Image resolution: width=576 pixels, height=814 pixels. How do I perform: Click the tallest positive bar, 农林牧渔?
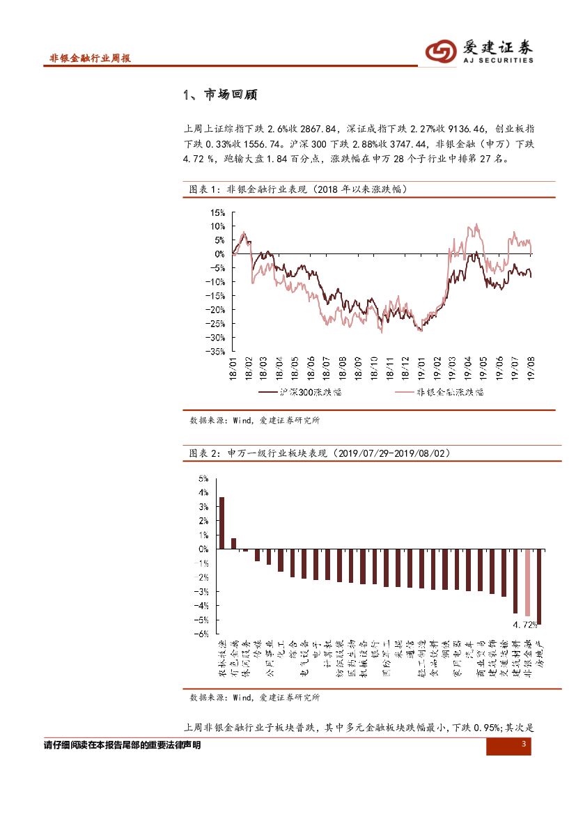(x=222, y=523)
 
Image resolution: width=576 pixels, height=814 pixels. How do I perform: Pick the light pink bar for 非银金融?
(x=528, y=582)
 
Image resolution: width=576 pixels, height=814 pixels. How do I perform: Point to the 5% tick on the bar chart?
(x=204, y=478)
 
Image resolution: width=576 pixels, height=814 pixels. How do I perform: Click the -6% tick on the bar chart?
(x=203, y=634)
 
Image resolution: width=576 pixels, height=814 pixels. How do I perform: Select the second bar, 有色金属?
(x=234, y=543)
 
